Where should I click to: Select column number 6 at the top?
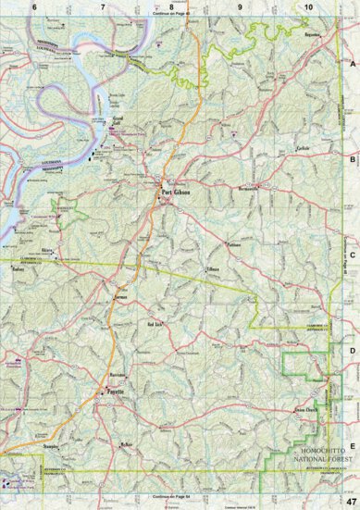tap(33, 7)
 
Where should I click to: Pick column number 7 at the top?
tap(102, 7)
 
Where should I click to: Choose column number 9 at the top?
tap(240, 7)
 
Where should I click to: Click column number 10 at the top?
tap(307, 7)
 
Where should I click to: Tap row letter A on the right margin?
tap(353, 64)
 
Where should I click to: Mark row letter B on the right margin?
tap(353, 158)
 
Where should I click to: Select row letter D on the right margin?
tap(353, 350)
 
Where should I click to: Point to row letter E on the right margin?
tap(353, 421)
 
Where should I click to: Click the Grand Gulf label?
tap(118, 119)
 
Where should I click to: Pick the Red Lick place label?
tap(155, 325)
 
